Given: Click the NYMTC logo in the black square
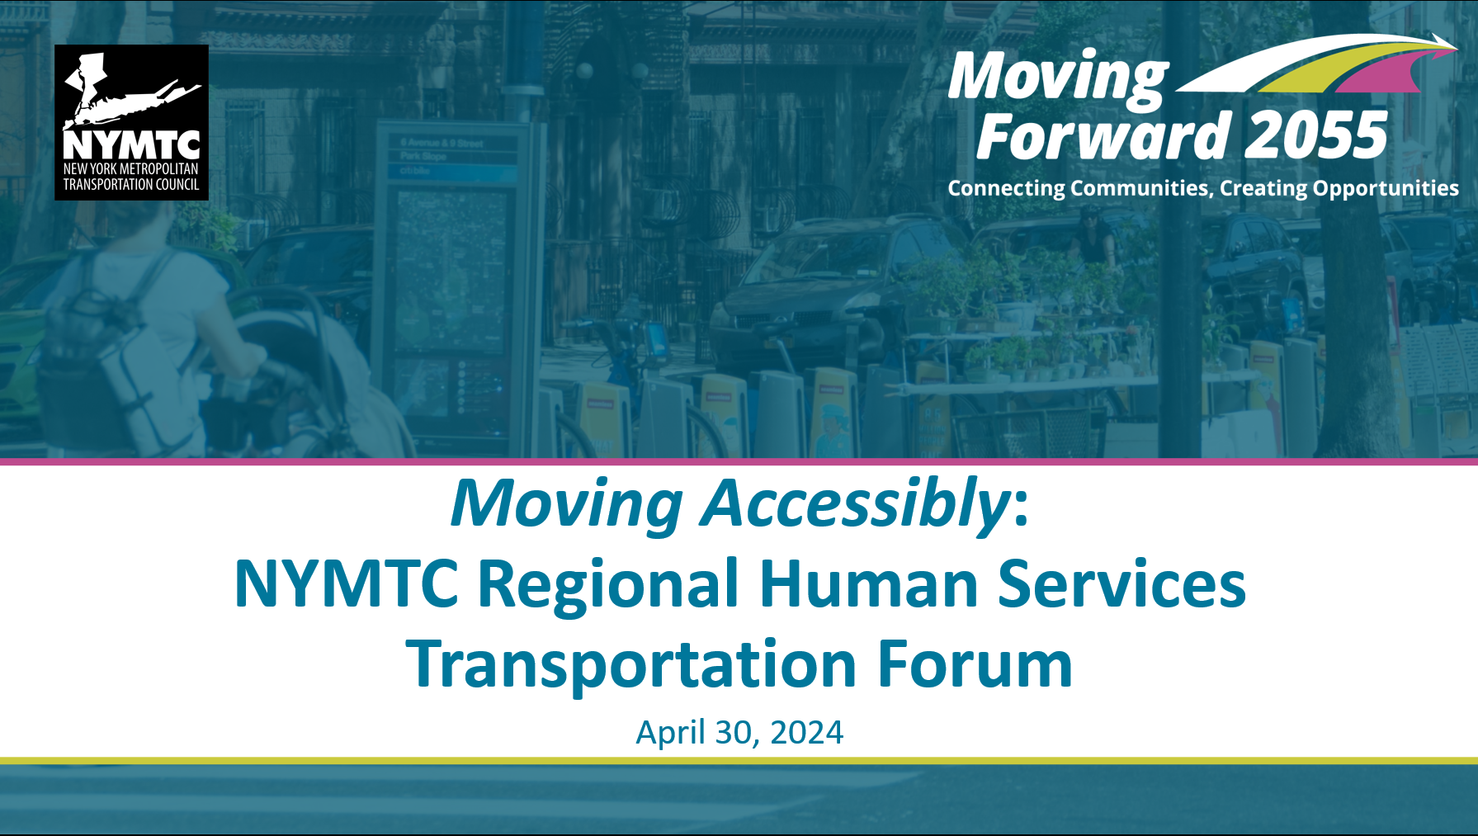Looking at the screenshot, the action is (131, 122).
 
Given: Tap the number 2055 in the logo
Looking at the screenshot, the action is (1315, 136).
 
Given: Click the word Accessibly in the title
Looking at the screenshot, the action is (855, 504).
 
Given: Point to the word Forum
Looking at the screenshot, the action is (975, 664).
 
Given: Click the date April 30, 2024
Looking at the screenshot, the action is (739, 733).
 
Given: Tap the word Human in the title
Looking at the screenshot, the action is (868, 583).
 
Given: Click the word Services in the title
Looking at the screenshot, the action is (1121, 583).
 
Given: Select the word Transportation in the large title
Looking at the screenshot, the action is (631, 664).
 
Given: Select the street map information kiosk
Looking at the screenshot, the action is (450, 281).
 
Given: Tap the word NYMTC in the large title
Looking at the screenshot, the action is (346, 583).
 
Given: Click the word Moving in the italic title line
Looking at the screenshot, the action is (566, 504).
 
